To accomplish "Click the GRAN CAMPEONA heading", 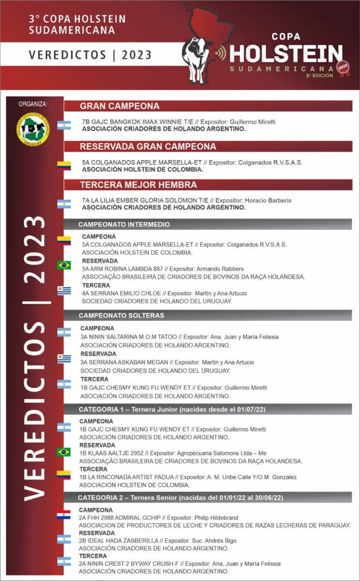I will [119, 106].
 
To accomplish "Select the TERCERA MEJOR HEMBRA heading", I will [138, 185].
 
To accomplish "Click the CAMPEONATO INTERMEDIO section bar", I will [124, 224].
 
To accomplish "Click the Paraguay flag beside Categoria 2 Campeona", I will [63, 515].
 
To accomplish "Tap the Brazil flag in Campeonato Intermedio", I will [63, 265].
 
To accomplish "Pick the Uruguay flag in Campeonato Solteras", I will [63, 358].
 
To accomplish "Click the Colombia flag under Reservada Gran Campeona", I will [63, 166].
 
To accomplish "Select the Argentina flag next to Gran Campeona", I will [63, 125].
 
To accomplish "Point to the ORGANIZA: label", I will [33, 104].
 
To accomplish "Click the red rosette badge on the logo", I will [343, 68].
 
